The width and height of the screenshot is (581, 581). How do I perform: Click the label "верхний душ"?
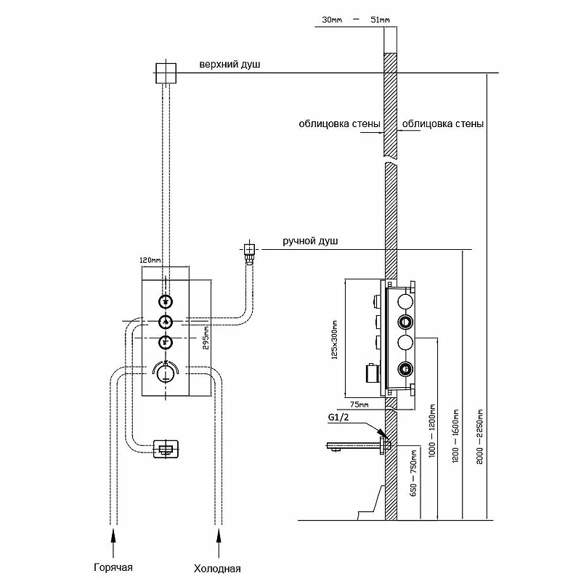[229, 65]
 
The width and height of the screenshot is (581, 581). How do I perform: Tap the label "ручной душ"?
[310, 241]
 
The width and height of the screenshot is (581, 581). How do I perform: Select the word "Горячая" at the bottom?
[113, 567]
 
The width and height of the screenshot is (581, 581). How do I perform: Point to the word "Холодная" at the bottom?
[217, 568]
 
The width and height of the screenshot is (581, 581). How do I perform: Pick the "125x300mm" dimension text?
[335, 340]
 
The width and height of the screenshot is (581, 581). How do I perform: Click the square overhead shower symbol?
[166, 72]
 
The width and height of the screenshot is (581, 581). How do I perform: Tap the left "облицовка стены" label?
[339, 123]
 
